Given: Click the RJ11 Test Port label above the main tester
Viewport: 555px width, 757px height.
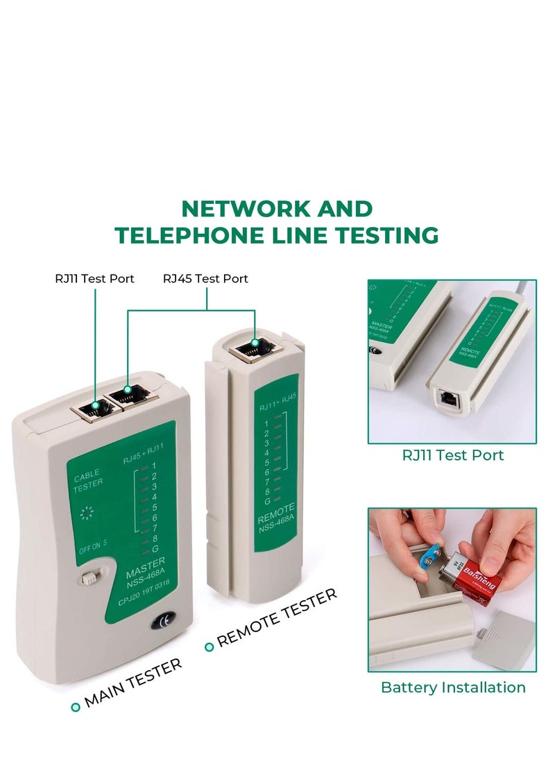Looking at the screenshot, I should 94,278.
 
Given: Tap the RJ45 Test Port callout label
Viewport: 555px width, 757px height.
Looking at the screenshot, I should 205,278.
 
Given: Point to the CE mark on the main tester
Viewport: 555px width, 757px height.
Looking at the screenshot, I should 164,622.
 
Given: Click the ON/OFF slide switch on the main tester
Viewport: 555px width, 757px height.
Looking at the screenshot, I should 88,578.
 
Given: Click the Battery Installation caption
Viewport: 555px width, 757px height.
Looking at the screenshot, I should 453,687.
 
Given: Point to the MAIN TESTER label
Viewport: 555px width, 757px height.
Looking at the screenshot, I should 133,683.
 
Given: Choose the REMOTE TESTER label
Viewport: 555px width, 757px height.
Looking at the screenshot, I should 276,618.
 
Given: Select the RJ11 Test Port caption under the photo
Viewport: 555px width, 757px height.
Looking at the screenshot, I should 452,455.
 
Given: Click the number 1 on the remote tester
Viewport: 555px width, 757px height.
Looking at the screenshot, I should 266,423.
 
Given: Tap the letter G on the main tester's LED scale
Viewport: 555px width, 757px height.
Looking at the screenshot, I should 154,549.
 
